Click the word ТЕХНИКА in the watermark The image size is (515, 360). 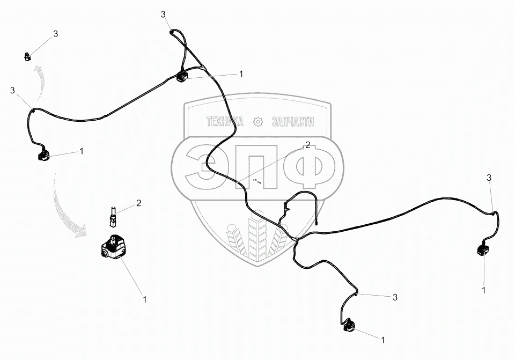(225, 122)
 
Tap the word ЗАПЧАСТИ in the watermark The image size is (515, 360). (293, 122)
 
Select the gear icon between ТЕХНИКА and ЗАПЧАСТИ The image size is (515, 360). (258, 122)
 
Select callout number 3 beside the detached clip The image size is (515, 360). (55, 34)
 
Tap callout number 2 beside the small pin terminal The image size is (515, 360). (138, 203)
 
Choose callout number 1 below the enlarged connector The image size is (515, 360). (143, 298)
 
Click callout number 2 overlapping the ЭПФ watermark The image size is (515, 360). (308, 145)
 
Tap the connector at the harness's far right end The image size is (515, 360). (481, 251)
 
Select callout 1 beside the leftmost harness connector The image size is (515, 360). (81, 151)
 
